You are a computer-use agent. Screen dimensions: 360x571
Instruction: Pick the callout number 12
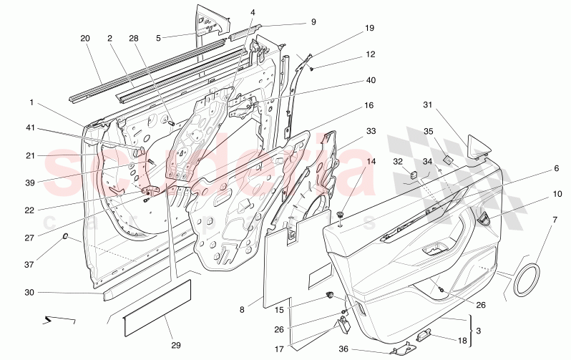tap(350, 54)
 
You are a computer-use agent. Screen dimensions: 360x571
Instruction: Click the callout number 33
tap(350, 131)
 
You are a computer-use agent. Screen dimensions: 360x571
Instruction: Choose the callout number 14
tap(351, 162)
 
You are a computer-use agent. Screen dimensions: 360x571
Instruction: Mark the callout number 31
tap(427, 106)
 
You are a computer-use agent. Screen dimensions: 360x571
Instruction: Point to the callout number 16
tap(369, 105)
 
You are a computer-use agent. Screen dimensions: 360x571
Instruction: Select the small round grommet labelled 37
tap(67, 236)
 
